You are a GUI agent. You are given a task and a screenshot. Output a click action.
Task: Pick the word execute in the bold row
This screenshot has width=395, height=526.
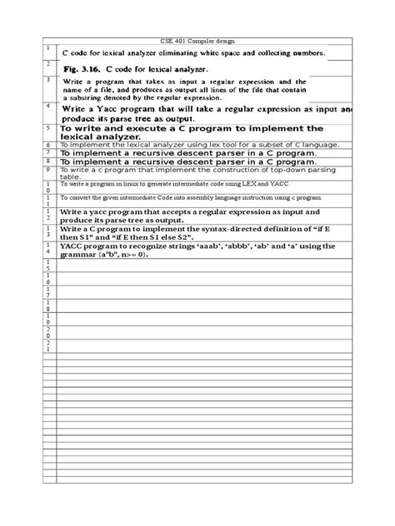tap(139, 130)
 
